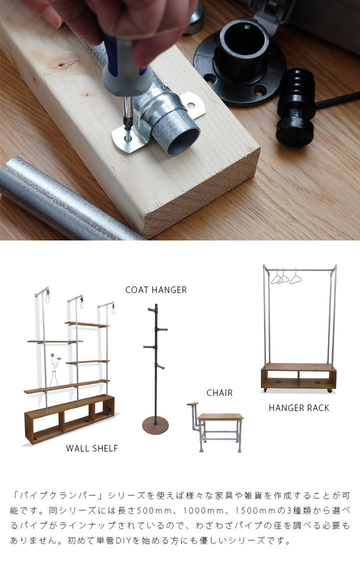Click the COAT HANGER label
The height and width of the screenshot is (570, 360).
pos(156,289)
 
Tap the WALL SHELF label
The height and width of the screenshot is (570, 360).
pos(92,448)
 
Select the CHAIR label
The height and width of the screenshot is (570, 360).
pos(219,393)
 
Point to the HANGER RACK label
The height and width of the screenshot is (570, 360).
pos(299,408)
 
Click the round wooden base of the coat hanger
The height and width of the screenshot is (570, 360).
pos(155,425)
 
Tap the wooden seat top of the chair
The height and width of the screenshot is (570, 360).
pos(220,416)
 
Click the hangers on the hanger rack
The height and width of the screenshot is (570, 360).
pos(286,277)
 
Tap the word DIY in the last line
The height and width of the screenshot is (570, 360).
pos(123,540)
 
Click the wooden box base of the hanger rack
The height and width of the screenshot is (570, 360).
pos(298,376)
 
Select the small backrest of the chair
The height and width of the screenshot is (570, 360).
pos(192,404)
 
